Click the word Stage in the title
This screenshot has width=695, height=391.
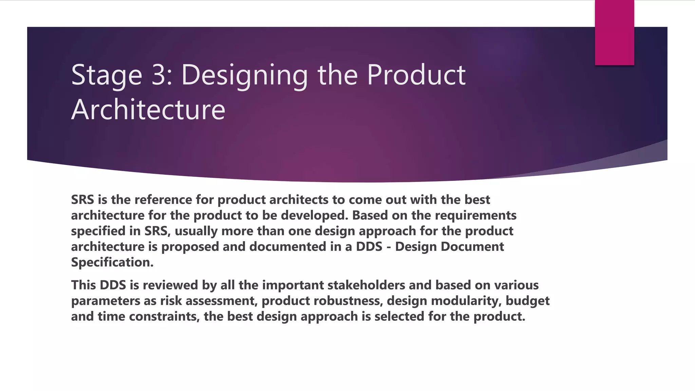point(107,75)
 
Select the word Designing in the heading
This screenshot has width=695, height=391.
point(244,75)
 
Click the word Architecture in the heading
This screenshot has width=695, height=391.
point(148,110)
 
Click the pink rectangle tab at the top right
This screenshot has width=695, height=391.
point(614,33)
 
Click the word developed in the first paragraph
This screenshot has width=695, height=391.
point(315,216)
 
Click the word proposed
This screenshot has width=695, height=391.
point(190,247)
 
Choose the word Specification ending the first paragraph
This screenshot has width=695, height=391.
point(112,262)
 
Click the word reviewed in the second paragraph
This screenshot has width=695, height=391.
point(170,285)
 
